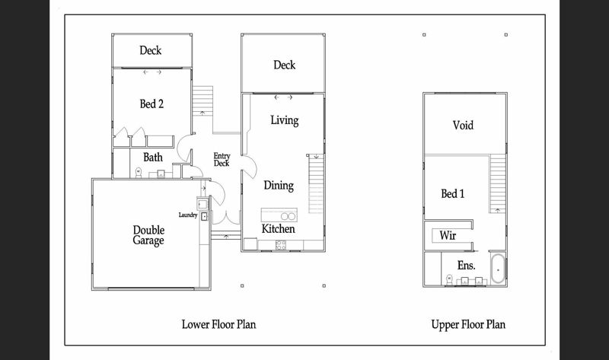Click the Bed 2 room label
coord(151,104)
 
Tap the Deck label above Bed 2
coord(150,51)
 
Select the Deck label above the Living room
coord(284,65)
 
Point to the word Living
coord(284,120)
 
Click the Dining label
coord(279,185)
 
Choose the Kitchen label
coord(279,228)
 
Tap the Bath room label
coord(153,158)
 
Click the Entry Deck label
coord(222,159)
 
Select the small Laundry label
coord(188,215)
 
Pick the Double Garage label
coord(148,235)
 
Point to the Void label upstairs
coord(464,125)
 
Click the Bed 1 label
coord(453,194)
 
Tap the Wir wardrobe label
coord(448,235)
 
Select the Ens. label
coord(467,266)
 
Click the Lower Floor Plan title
coord(218,324)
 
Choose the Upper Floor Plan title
coord(468,324)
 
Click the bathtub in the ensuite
coord(497,269)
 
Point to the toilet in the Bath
coord(138,172)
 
